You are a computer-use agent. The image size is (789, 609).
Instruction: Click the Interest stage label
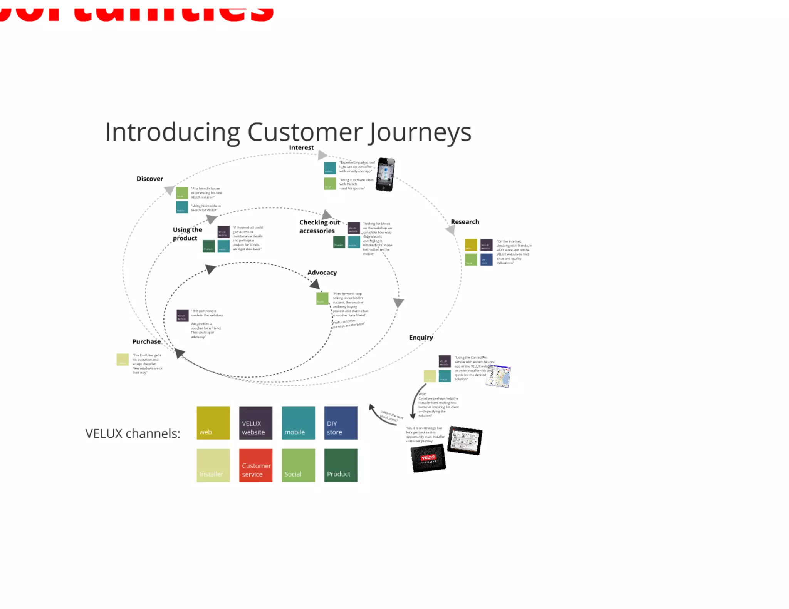tap(301, 147)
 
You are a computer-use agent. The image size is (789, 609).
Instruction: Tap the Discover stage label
tap(149, 179)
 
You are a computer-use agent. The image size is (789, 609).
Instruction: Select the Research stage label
tap(465, 222)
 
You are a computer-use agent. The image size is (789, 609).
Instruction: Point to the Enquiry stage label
tap(421, 338)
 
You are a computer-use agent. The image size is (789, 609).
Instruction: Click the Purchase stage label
tap(146, 341)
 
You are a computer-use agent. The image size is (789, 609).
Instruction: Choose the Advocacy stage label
tap(322, 273)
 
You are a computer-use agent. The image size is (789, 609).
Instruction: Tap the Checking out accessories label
tap(319, 227)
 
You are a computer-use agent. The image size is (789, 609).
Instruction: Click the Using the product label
tap(187, 234)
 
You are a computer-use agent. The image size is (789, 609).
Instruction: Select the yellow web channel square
tap(213, 423)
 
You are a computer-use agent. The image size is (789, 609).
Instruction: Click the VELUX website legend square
tap(255, 423)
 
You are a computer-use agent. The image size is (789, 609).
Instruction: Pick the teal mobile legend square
tap(298, 423)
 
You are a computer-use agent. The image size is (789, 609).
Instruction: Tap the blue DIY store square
tap(341, 423)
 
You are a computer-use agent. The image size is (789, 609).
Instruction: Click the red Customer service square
tap(255, 465)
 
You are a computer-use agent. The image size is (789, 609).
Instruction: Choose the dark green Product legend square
tap(341, 465)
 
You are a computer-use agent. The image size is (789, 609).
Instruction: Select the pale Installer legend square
tap(213, 465)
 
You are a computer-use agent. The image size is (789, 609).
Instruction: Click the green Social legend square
tap(298, 465)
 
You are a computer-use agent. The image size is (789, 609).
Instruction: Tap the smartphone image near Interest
tap(385, 174)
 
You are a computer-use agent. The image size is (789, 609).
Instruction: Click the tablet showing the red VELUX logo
tap(428, 458)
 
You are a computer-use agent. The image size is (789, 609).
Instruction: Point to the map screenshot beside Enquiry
tap(498, 376)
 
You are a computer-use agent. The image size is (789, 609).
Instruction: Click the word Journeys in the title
tap(420, 132)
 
